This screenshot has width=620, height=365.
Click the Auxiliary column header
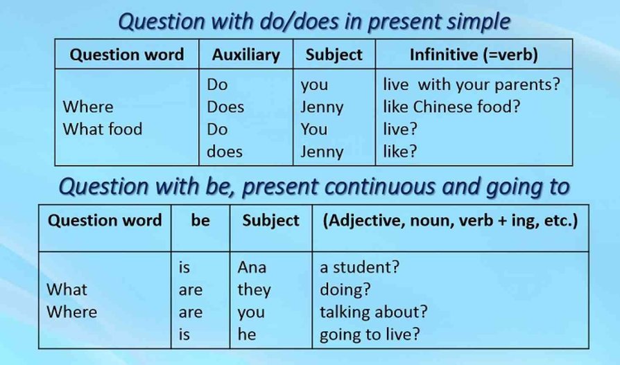pos(246,55)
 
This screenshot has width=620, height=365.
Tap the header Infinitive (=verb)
pos(474,55)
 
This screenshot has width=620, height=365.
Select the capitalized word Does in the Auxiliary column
pos(225,107)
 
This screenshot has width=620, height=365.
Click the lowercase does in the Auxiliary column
pos(225,151)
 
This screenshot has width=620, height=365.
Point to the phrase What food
pos(103,130)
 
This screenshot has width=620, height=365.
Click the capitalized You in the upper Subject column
pos(314,130)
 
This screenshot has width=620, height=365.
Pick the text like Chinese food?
pos(451,107)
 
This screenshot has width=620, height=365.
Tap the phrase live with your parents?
pos(472,84)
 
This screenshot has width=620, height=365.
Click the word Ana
pos(252,267)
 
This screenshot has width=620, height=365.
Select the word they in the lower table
pos(255,290)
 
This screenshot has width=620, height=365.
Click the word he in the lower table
pos(247,335)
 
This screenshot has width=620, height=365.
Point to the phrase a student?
pos(359,267)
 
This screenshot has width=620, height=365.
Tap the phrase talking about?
pos(374,312)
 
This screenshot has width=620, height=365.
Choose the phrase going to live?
pos(370,335)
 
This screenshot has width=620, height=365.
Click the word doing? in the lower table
pos(345,290)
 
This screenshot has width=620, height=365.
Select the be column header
pos(200,220)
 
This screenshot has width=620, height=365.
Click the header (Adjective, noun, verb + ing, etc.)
pos(450,220)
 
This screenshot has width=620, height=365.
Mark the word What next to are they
pos(67,290)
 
